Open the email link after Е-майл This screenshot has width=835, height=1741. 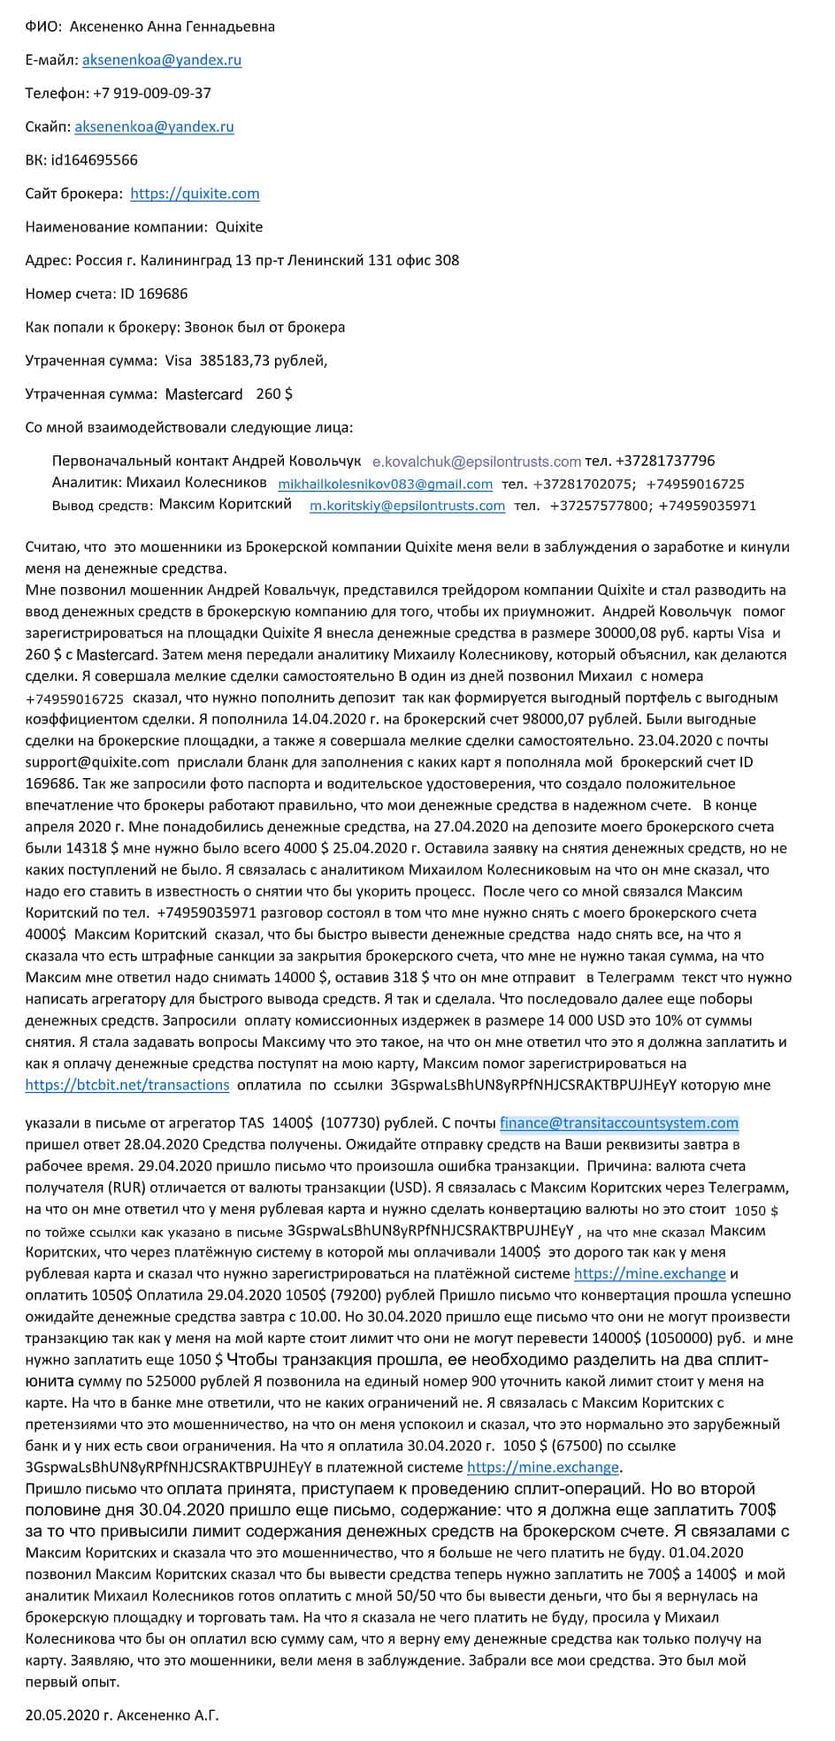point(162,59)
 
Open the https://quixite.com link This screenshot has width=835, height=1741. point(195,194)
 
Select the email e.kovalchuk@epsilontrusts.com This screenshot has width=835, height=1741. point(477,461)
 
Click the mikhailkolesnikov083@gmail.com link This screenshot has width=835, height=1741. point(385,484)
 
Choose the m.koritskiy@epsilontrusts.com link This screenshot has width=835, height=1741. point(407,506)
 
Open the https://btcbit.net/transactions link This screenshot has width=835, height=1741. point(126,1085)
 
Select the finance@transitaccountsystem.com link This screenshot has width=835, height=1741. point(619,1123)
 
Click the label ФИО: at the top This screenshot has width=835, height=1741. point(43,27)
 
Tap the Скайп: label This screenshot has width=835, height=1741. point(48,126)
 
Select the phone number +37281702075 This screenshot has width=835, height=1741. point(581,484)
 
